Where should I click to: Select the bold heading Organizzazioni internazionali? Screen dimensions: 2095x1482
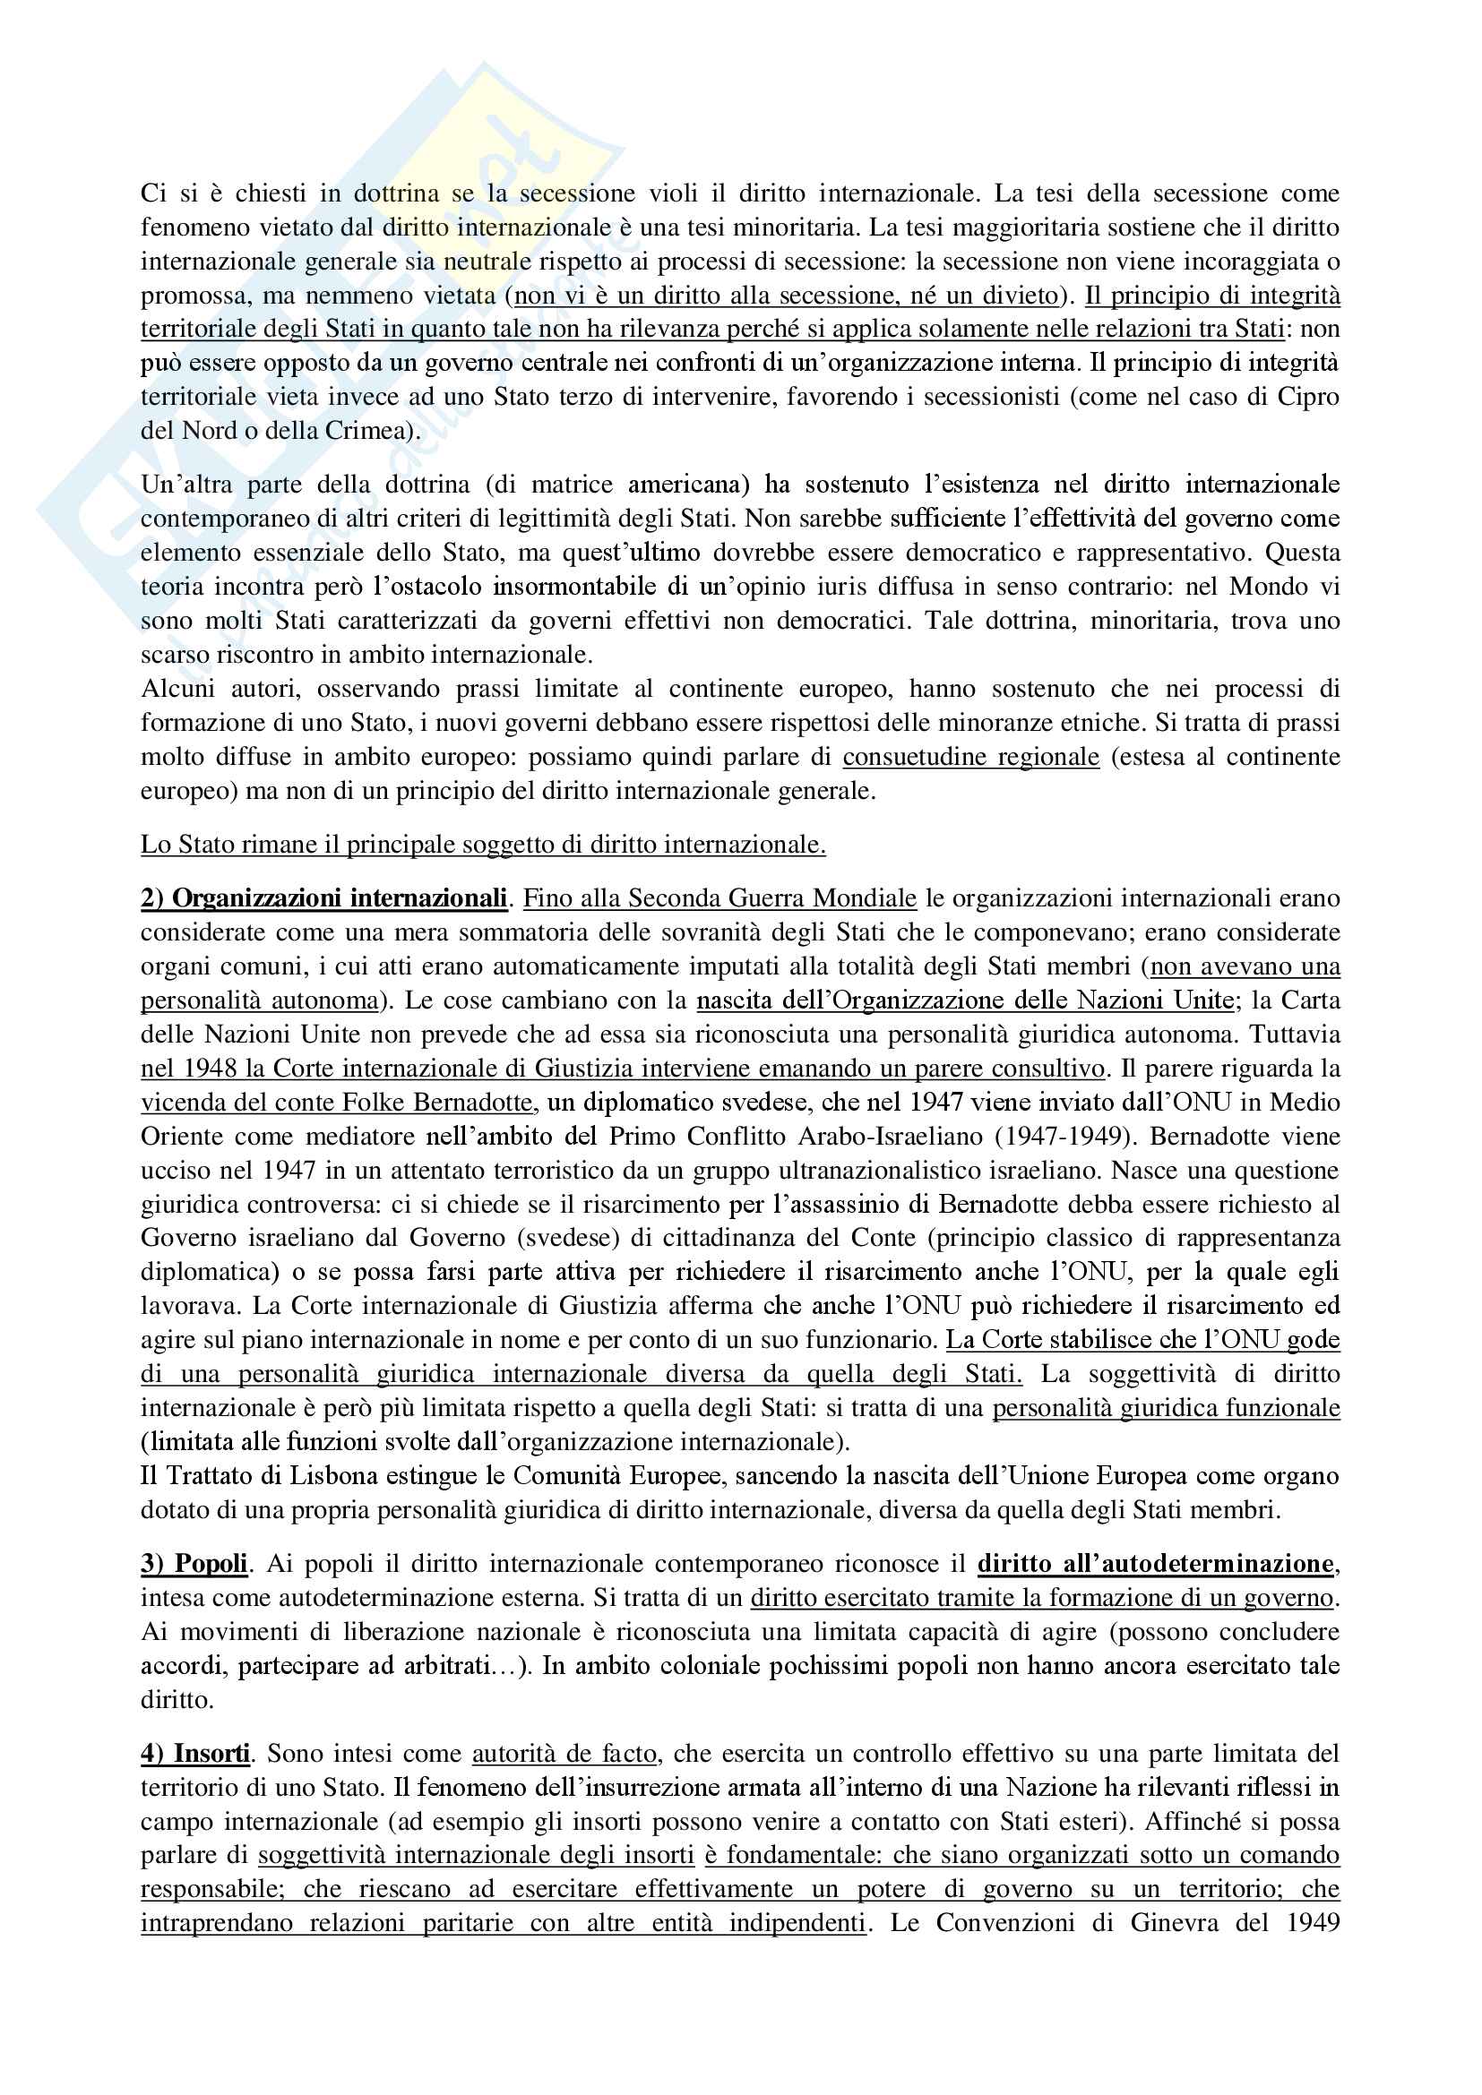point(340,898)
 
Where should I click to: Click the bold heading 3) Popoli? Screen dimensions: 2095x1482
point(194,1564)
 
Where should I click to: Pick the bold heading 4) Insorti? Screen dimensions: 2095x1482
point(196,1754)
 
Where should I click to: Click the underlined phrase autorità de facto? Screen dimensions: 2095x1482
point(564,1754)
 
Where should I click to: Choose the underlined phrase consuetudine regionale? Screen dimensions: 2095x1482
point(971,758)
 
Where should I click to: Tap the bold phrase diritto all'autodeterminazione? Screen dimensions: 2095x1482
point(1154,1564)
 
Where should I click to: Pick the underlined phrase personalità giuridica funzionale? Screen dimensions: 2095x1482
point(1166,1408)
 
